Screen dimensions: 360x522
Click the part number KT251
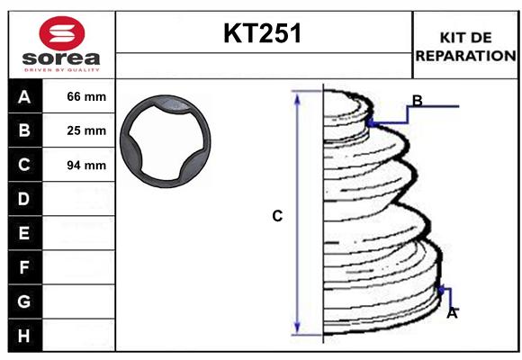coord(263,33)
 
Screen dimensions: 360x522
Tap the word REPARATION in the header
coord(466,55)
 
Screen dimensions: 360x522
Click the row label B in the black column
coord(23,130)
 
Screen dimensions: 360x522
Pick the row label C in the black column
coord(23,165)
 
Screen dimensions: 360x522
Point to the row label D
coord(23,198)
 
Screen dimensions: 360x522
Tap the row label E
coord(23,233)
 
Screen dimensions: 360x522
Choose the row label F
coord(23,267)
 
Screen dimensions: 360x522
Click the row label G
coord(23,301)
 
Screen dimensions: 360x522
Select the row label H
coord(23,336)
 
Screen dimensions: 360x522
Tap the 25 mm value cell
coord(86,130)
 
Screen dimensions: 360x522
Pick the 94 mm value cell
coord(86,165)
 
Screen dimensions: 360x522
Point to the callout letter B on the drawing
coord(417,100)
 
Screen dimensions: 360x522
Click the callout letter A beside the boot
coord(452,313)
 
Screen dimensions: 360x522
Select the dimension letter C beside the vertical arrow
coord(277,216)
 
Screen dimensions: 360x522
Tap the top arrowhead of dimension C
coord(298,96)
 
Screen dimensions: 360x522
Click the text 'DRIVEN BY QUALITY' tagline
coord(59,68)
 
